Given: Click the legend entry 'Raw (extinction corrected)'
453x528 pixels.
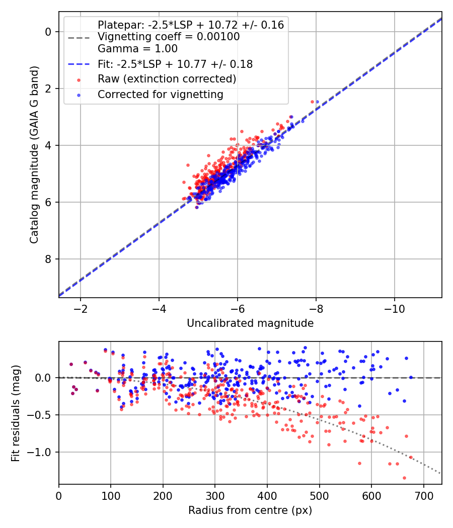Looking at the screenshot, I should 167,79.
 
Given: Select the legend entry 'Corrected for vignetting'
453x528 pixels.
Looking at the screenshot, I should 160,94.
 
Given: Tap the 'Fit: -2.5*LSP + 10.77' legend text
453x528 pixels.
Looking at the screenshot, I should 175,64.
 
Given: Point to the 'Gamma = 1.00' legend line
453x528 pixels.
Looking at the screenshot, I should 137,49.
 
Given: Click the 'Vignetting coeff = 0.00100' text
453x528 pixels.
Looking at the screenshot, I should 168,37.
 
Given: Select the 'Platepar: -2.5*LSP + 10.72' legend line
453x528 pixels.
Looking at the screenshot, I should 190,25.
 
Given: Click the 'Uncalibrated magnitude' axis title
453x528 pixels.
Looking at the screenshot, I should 250,323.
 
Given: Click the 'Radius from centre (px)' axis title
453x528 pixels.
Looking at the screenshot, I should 250,510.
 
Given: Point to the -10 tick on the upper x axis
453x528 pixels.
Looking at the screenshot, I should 394,307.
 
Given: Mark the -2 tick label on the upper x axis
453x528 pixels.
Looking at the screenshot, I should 81,307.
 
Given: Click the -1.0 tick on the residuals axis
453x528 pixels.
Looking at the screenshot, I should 42,452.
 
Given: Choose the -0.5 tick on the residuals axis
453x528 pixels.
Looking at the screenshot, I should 42,415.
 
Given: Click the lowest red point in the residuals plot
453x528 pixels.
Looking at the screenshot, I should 404,478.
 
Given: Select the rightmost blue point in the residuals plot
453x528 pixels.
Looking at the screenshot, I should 411,377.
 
